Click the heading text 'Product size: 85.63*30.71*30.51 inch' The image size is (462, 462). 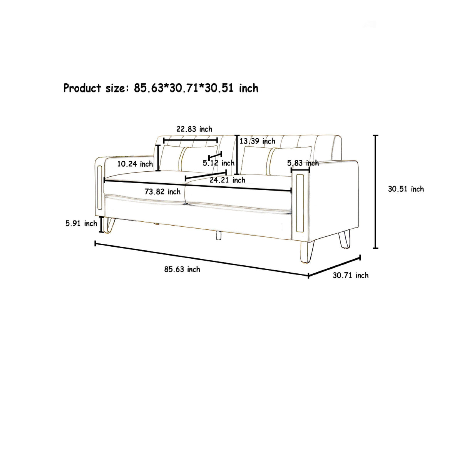click(161, 88)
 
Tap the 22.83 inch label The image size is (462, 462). click(194, 129)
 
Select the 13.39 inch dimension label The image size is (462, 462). click(258, 141)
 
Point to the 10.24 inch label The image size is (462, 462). click(135, 164)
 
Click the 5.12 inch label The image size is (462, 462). click(218, 163)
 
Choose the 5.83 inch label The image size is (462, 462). click(303, 163)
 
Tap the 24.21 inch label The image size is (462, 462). click(228, 180)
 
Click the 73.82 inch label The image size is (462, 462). click(162, 192)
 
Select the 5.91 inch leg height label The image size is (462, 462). click(81, 223)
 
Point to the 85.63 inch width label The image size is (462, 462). click(182, 269)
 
